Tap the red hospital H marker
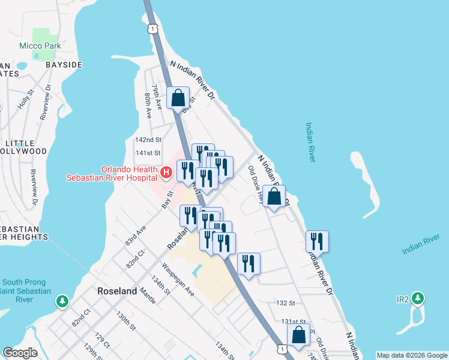click(166, 173)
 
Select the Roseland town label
click(117, 291)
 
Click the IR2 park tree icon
click(418, 298)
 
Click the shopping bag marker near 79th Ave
click(178, 98)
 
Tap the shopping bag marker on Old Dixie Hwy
click(274, 196)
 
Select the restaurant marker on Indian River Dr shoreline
click(317, 241)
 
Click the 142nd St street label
click(148, 140)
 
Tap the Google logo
click(20, 353)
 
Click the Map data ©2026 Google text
click(412, 355)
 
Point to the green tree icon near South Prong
click(61, 301)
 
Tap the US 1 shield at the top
click(154, 28)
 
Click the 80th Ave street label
click(148, 104)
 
